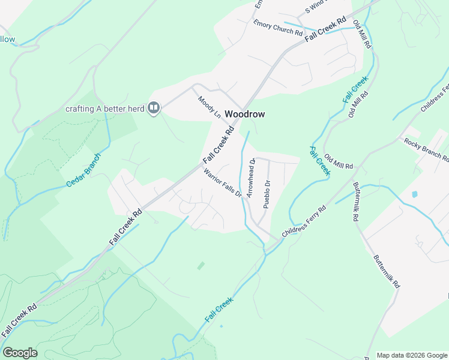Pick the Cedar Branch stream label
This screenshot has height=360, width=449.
83,170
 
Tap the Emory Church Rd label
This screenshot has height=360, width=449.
278,28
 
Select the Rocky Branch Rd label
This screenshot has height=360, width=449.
426,150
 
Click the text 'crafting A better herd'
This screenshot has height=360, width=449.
105,109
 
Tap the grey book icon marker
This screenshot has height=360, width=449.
154,108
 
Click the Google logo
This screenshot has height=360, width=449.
20,353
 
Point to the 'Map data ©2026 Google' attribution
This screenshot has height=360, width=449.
412,355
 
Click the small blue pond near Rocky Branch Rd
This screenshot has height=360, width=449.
414,194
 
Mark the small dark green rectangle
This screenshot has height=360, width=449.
200,265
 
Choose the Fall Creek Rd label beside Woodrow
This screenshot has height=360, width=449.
218,144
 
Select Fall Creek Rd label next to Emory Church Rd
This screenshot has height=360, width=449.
326,29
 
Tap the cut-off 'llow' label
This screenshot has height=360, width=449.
7,40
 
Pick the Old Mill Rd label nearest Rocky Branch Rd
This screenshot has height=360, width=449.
339,161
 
